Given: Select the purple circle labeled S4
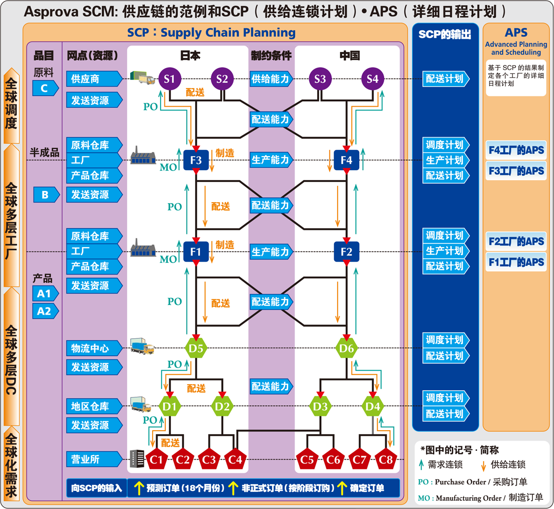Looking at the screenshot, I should click(x=372, y=79).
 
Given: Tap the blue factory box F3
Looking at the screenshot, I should click(x=196, y=160).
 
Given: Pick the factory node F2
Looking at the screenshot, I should click(x=346, y=252).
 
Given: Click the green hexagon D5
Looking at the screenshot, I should click(x=196, y=348).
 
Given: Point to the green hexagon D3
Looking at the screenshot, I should click(x=320, y=406).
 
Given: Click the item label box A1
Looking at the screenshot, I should click(x=45, y=294).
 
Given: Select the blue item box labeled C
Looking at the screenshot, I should click(x=45, y=89).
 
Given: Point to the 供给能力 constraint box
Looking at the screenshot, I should click(x=271, y=78).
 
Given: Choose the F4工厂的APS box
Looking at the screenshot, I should click(x=516, y=150).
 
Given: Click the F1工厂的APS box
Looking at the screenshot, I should click(x=516, y=262).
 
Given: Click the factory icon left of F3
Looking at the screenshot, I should click(x=143, y=156).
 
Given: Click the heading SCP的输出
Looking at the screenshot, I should click(x=445, y=34).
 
